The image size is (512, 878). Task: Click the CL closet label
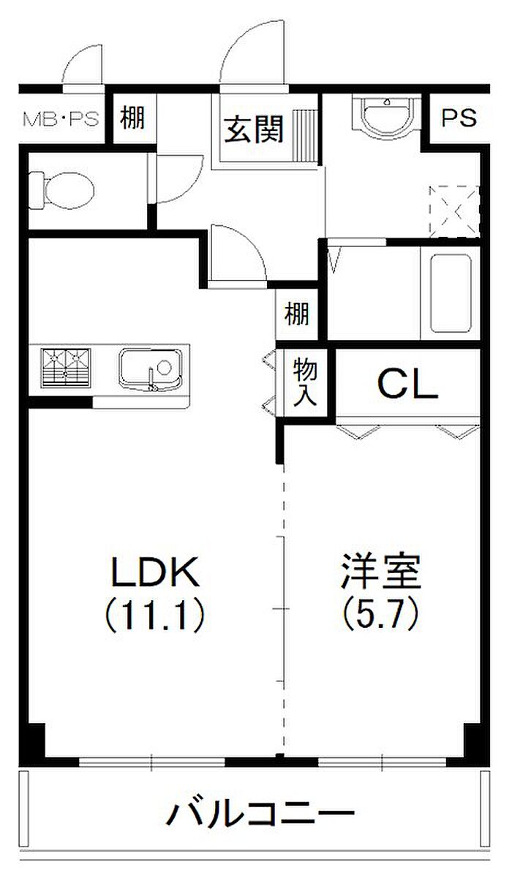407,384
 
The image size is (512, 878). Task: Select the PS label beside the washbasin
459,117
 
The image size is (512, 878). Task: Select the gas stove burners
67,366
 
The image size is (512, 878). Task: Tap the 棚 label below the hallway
297,316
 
